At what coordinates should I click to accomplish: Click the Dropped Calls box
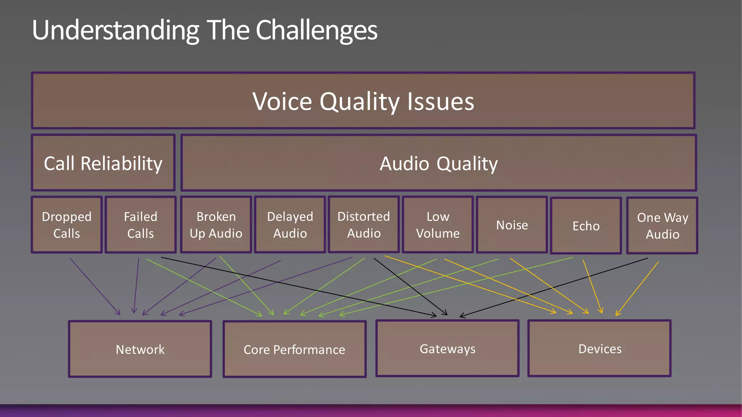[x=67, y=225]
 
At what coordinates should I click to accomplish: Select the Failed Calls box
[x=141, y=225]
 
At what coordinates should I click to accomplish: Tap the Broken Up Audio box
[x=216, y=225]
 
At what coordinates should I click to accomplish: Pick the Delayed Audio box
[x=290, y=225]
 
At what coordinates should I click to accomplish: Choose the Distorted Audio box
[x=364, y=225]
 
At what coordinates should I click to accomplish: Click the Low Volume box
[x=438, y=225]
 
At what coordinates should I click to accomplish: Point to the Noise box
[x=512, y=225]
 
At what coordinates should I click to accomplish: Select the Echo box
[x=586, y=226]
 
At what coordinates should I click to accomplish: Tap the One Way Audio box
[x=662, y=226]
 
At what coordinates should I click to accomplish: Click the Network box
[x=140, y=349]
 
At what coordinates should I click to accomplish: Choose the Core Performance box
[x=294, y=349]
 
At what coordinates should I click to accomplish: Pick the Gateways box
[x=447, y=349]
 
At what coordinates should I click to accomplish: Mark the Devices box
[x=600, y=349]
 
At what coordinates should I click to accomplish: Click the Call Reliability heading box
[x=103, y=163]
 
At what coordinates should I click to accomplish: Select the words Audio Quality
[x=438, y=164]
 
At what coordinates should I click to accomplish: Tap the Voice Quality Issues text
[x=363, y=101]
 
